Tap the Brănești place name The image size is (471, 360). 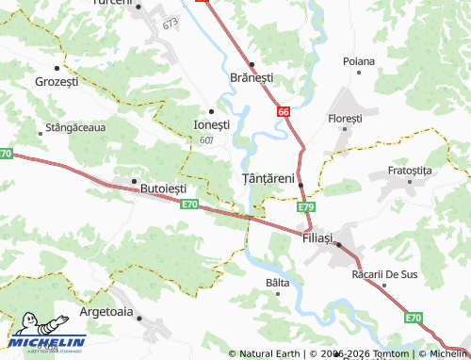pyautogui.click(x=252, y=78)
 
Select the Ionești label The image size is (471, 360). pyautogui.click(x=211, y=124)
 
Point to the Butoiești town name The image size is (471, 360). pyautogui.click(x=163, y=188)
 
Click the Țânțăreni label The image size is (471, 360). pyautogui.click(x=268, y=178)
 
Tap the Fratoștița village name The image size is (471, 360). pyautogui.click(x=409, y=172)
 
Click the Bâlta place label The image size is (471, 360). pyautogui.click(x=278, y=283)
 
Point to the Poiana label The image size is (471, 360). pyautogui.click(x=359, y=61)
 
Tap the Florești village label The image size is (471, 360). pyautogui.click(x=345, y=119)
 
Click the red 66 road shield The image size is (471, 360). pyautogui.click(x=284, y=111)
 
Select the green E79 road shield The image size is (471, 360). pyautogui.click(x=305, y=206)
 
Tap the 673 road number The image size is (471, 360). pyautogui.click(x=171, y=23)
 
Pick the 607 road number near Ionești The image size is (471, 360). pyautogui.click(x=206, y=139)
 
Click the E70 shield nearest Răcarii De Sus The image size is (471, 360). pyautogui.click(x=414, y=318)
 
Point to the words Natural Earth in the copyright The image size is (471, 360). pyautogui.click(x=268, y=353)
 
